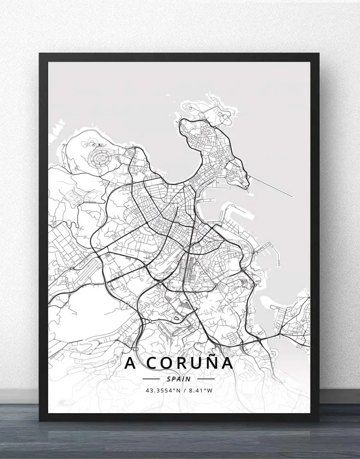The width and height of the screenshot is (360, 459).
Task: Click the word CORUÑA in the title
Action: point(189,363)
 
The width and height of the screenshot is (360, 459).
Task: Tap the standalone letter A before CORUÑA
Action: point(131,363)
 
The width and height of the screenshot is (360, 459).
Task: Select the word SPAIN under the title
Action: point(179,379)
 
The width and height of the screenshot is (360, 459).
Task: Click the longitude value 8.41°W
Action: point(201,391)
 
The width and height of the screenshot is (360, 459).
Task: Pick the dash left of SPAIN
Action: point(152,379)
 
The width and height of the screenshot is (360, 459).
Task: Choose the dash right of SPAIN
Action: point(206,379)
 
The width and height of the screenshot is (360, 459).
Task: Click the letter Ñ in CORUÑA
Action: point(209,362)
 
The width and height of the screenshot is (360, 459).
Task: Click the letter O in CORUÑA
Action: point(166,363)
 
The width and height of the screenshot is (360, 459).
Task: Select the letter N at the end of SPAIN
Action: point(189,379)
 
